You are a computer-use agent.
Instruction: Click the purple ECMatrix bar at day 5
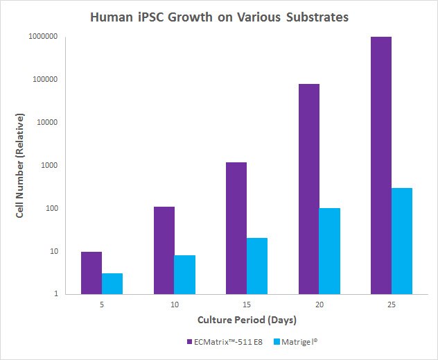(91, 273)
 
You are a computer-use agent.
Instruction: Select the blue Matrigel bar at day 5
(112, 284)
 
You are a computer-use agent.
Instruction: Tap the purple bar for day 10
(164, 250)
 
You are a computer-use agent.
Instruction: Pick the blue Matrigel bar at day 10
(184, 275)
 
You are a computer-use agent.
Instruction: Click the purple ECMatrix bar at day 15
(236, 228)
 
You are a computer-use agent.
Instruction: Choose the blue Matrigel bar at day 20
(330, 251)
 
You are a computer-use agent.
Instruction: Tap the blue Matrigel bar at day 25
(402, 241)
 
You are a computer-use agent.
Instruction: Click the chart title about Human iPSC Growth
(219, 17)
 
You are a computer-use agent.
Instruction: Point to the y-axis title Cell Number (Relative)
(21, 165)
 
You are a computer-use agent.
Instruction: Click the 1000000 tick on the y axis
(42, 37)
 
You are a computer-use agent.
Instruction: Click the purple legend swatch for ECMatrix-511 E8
(190, 342)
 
